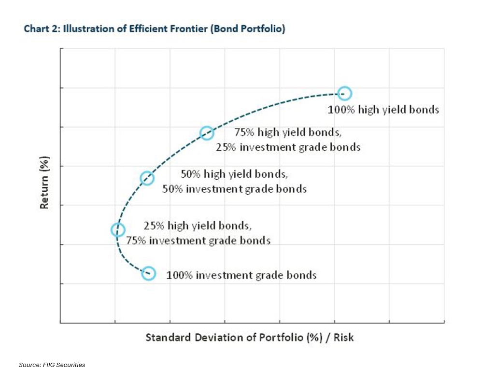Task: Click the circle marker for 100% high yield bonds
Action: tap(344, 93)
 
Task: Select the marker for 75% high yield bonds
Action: tap(207, 133)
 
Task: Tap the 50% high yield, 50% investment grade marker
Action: tap(147, 178)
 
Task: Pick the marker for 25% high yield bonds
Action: tap(118, 230)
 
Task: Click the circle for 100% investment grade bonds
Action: tap(148, 273)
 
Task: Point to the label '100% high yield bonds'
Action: tap(383, 110)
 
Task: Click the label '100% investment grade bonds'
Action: tap(241, 275)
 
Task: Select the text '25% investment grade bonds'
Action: tap(288, 147)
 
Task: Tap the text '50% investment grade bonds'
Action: tap(234, 189)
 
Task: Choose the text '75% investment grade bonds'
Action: tap(198, 240)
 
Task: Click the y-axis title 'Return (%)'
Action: tap(44, 185)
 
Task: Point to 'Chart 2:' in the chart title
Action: tap(42, 29)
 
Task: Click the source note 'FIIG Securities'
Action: tap(64, 365)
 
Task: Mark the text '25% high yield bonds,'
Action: tap(198, 226)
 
